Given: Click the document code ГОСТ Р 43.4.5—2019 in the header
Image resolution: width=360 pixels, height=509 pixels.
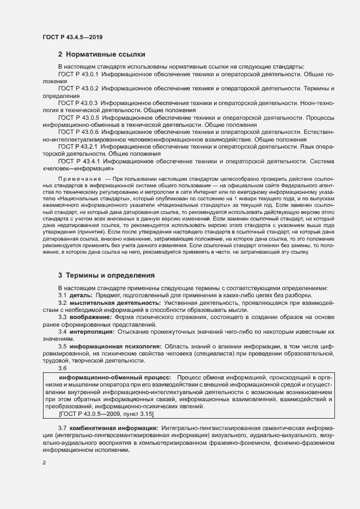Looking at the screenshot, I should point(72,37).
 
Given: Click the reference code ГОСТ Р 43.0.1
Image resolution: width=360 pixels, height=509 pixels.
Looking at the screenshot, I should point(78,73).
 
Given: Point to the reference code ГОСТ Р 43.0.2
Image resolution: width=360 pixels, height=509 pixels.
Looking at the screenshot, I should point(78,88).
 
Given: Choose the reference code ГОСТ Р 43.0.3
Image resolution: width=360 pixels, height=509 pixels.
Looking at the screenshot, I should point(78,102).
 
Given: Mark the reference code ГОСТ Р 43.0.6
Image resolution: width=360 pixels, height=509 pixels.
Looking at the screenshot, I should point(78,132).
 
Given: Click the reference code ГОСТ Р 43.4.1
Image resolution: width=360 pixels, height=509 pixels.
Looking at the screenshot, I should point(78,161).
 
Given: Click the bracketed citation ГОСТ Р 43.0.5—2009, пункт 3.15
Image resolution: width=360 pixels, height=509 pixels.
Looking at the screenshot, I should point(100,414).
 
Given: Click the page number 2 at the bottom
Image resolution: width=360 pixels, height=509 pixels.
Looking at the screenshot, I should point(45,463).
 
